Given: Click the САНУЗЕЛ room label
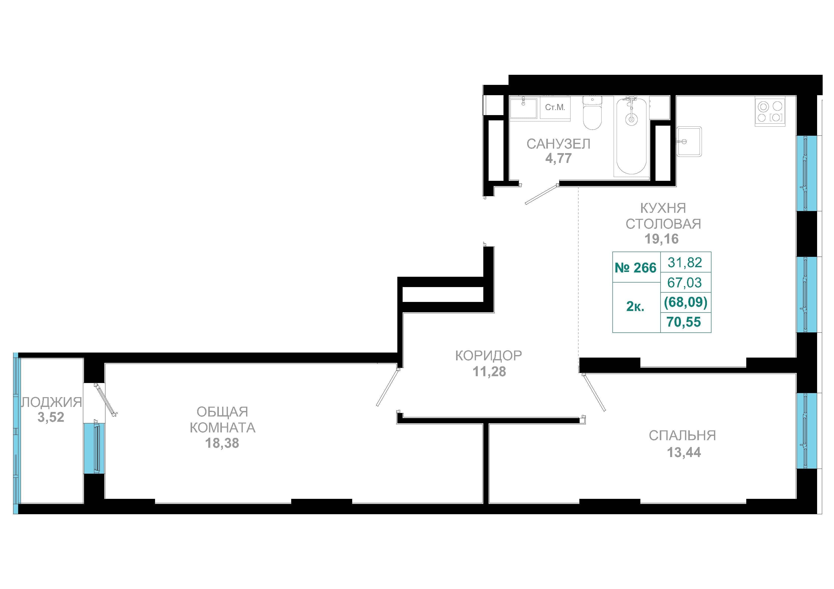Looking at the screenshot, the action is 558,144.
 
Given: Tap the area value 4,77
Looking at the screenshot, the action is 558,159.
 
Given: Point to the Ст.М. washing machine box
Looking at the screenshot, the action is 555,108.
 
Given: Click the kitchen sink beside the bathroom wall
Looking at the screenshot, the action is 689,142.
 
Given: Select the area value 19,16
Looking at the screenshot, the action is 662,239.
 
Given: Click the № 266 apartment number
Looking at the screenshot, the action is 636,268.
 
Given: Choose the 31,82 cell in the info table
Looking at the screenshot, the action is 685,262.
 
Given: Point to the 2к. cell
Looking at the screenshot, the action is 635,307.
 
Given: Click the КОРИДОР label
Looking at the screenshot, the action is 489,356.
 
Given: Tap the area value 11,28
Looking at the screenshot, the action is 489,372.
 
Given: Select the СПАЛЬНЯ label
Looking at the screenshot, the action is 682,435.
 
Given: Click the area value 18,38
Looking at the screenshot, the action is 222,443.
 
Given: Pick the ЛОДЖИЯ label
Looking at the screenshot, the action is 51,402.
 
